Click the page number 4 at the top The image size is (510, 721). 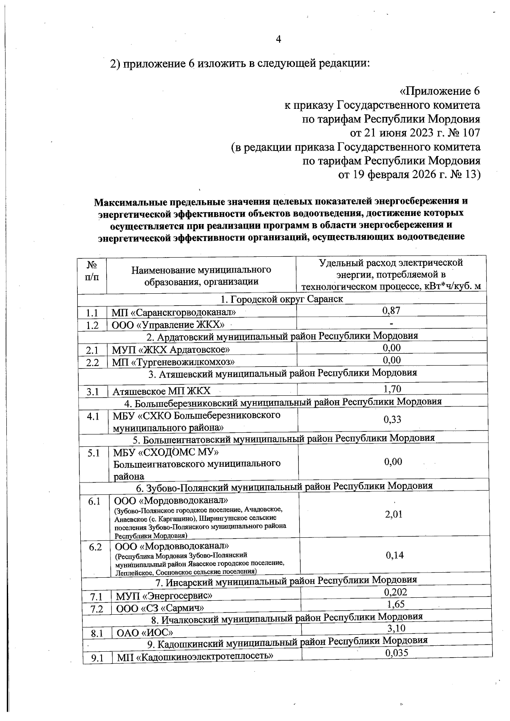coord(278,40)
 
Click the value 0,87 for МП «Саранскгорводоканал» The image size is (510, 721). coord(391,310)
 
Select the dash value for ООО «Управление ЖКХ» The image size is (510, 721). coord(391,324)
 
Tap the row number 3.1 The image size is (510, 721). coord(93,392)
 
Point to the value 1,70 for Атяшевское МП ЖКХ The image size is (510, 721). coord(392,388)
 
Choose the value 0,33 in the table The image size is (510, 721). coord(392,420)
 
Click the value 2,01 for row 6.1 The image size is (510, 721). coord(394,515)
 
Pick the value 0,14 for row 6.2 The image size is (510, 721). coord(394,555)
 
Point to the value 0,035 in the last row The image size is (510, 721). coord(397,653)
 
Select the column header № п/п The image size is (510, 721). coord(92,271)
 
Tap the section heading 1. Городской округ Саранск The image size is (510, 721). coord(282,299)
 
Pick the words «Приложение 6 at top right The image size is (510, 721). coord(440,91)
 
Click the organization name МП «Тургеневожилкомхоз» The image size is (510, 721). coord(173,362)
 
